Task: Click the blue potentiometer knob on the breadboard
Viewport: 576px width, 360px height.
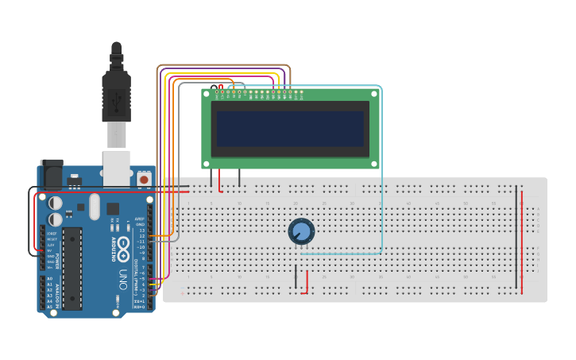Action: click(301, 231)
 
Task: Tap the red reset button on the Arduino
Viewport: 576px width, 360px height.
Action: click(144, 180)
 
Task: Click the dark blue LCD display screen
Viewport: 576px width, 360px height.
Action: click(290, 129)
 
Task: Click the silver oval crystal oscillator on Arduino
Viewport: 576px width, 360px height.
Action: click(95, 207)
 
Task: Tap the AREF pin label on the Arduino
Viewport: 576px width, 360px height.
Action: click(140, 219)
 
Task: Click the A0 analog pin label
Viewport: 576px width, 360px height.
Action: click(49, 279)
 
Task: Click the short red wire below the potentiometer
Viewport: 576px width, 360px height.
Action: click(307, 281)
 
